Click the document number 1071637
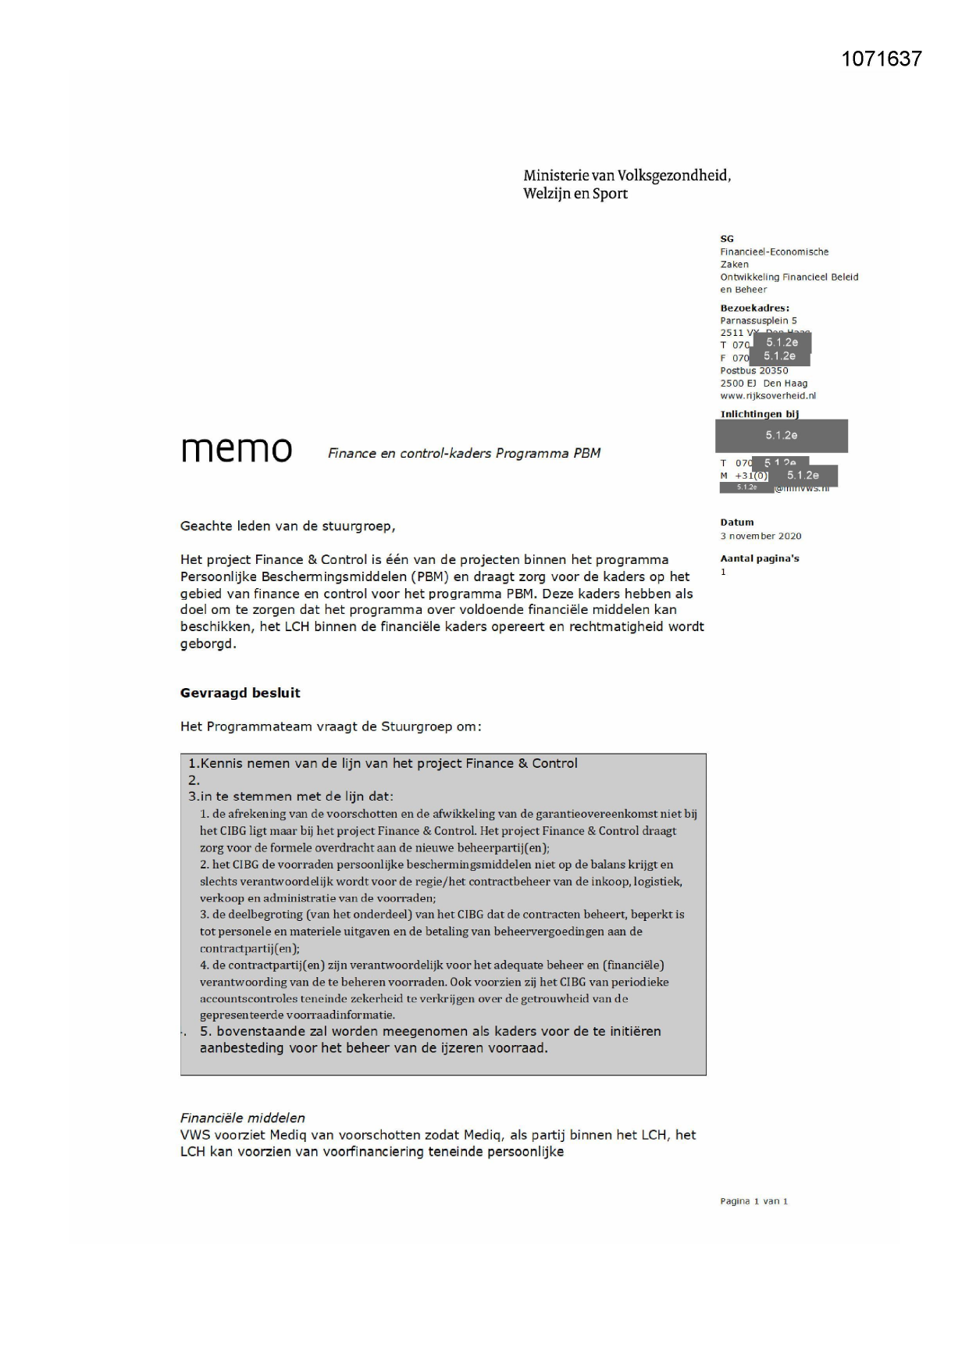(882, 59)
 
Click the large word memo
(237, 449)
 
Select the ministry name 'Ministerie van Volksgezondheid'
(627, 175)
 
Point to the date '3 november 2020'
(761, 536)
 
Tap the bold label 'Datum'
(737, 522)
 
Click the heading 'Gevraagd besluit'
(240, 693)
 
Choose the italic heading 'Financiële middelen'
(242, 1118)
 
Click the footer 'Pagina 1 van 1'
(753, 1201)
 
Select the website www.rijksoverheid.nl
(768, 395)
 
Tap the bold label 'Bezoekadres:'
(754, 308)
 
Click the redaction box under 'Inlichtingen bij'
(781, 436)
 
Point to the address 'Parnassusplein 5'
(758, 320)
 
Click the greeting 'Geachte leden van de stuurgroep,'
(287, 526)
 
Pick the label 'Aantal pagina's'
(759, 558)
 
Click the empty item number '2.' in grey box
(194, 780)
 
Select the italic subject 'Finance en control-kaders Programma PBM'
(464, 453)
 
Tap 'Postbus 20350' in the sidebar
(753, 370)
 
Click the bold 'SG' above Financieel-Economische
(726, 239)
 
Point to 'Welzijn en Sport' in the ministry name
(575, 194)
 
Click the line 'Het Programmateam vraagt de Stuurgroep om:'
(330, 726)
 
